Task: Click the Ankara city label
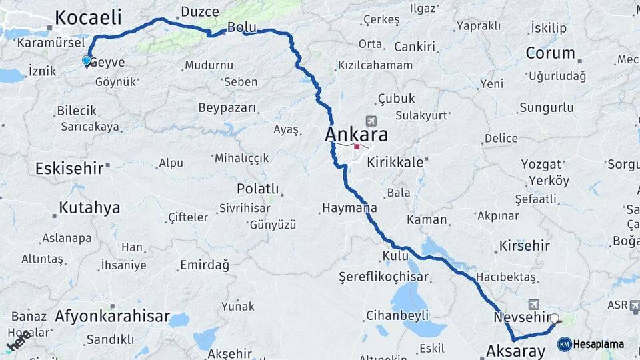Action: click(356, 134)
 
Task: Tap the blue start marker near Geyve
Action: click(86, 61)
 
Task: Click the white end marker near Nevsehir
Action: click(554, 319)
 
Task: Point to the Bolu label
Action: click(241, 27)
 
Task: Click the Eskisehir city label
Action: click(69, 167)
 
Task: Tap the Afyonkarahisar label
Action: click(113, 316)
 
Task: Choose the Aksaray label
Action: click(515, 350)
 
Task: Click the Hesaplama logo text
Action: click(598, 344)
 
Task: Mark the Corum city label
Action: click(550, 53)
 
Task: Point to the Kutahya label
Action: click(89, 207)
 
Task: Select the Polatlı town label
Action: click(257, 189)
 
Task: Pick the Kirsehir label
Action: click(525, 245)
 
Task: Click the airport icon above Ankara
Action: click(371, 121)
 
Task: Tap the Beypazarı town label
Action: click(227, 107)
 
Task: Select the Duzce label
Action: click(200, 11)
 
